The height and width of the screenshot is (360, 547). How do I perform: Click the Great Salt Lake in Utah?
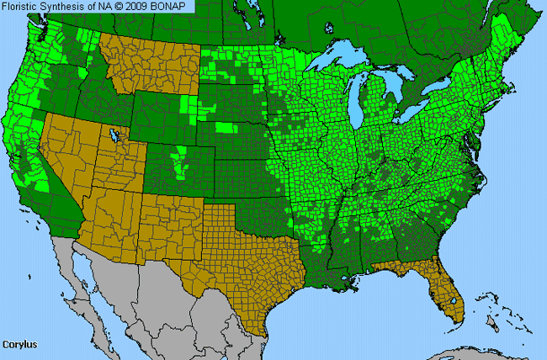coord(112,135)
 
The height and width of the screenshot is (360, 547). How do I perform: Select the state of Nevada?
coord(72,156)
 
